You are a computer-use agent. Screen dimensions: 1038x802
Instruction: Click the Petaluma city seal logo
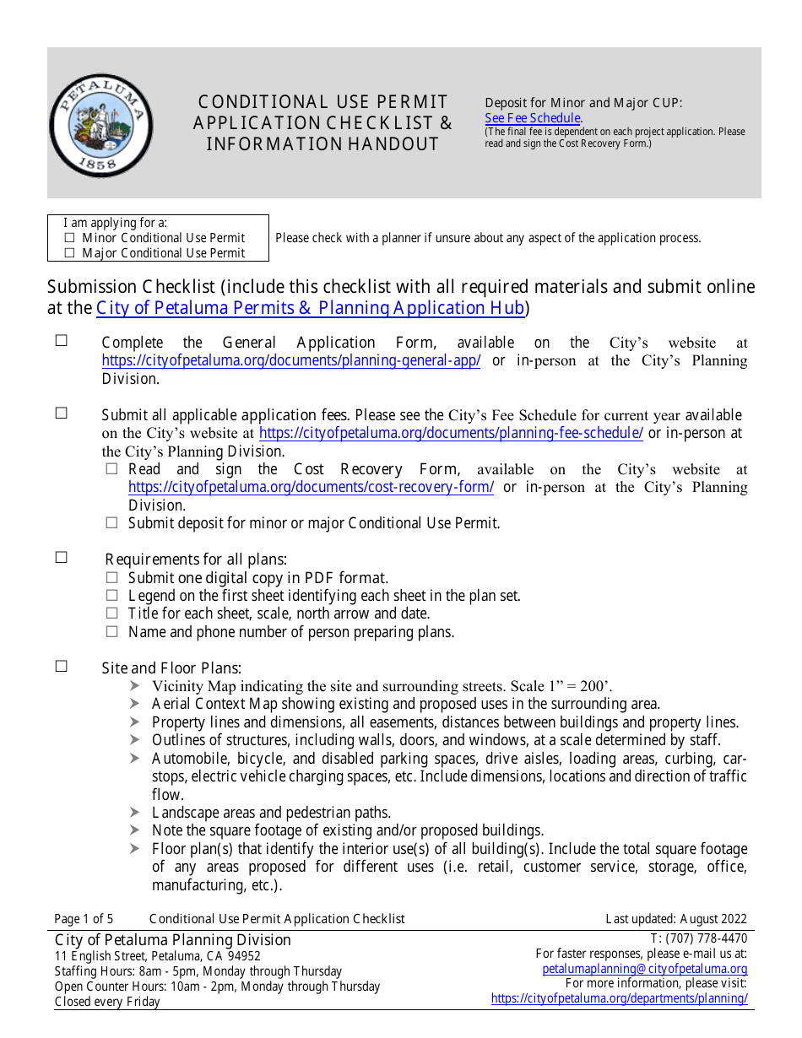click(x=100, y=124)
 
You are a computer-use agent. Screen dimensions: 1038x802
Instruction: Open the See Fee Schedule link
click(x=533, y=118)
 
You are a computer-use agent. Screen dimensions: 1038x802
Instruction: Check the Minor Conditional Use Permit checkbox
click(x=70, y=238)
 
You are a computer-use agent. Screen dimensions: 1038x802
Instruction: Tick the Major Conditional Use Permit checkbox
click(x=70, y=253)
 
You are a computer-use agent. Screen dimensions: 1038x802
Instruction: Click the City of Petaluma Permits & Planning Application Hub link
click(x=311, y=308)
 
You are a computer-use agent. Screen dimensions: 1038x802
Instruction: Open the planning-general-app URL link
click(x=291, y=361)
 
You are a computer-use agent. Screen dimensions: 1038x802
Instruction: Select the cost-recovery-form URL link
click(x=311, y=488)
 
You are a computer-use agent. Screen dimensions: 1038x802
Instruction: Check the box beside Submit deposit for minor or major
click(x=111, y=523)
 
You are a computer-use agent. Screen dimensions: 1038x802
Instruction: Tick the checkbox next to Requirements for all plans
click(x=62, y=558)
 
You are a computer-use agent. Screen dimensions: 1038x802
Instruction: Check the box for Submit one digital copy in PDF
click(x=111, y=578)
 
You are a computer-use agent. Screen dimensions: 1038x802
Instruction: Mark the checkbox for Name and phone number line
click(x=111, y=631)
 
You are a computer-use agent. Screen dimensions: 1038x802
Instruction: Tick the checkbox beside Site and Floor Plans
click(x=62, y=667)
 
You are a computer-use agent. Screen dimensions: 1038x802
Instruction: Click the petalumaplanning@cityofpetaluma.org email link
click(x=644, y=969)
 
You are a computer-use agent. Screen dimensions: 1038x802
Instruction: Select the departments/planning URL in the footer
click(x=619, y=998)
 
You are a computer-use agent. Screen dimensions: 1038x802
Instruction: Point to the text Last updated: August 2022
click(x=676, y=919)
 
